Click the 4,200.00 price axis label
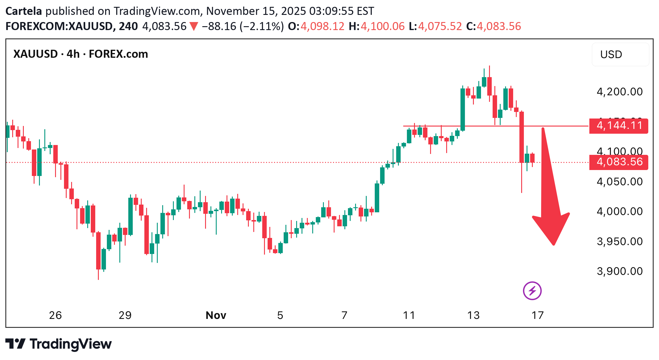tap(620, 92)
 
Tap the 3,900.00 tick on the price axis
tap(620, 271)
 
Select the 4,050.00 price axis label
tap(620, 182)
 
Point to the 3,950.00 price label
tap(620, 241)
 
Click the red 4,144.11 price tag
tap(619, 126)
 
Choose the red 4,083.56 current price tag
tap(619, 162)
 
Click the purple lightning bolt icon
tap(532, 291)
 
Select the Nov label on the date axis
tap(216, 315)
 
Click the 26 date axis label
tap(55, 315)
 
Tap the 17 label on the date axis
tap(538, 315)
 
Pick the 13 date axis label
tap(473, 315)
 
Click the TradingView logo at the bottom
tap(59, 344)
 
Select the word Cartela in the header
tap(24, 11)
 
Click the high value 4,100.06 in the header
tap(382, 27)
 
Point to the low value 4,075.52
tap(440, 27)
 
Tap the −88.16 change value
tap(219, 27)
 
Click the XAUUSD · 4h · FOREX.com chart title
tap(81, 54)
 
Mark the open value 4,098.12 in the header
tap(322, 27)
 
